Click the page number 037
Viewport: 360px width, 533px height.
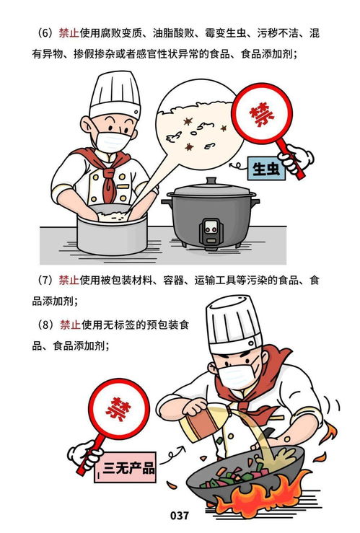(180, 515)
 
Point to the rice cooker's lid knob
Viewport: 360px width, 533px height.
(210, 182)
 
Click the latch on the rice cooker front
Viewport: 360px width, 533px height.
(211, 229)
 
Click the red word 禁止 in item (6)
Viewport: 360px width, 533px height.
(69, 34)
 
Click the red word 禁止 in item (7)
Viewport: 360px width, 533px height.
(69, 281)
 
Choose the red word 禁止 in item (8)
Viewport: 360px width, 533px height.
(69, 325)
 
